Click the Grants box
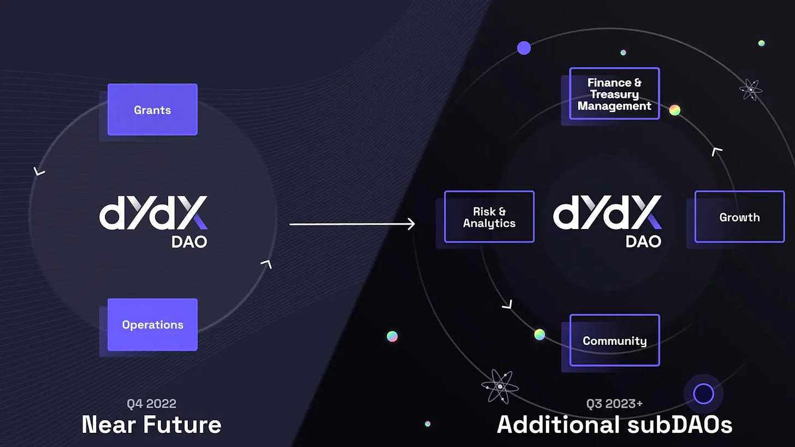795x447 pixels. coord(152,109)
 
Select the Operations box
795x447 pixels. coord(152,325)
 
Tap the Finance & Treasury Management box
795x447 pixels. coord(614,93)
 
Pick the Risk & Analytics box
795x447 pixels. coord(489,217)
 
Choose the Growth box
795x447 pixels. coord(739,217)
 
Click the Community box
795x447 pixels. coord(614,340)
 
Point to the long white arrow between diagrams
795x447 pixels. coord(352,224)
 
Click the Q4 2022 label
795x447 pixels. coord(151,404)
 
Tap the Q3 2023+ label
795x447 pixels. coord(614,404)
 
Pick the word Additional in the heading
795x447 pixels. coord(558,425)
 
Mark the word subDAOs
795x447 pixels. coord(679,425)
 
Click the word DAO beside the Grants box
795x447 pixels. coord(189,242)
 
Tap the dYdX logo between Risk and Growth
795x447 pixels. coord(607,213)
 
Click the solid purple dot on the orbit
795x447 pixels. coord(524,48)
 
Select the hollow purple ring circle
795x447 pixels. coord(703,393)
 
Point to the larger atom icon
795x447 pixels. coord(500,386)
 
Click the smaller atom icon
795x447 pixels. coord(751,89)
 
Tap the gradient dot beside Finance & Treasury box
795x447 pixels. coord(675,110)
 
